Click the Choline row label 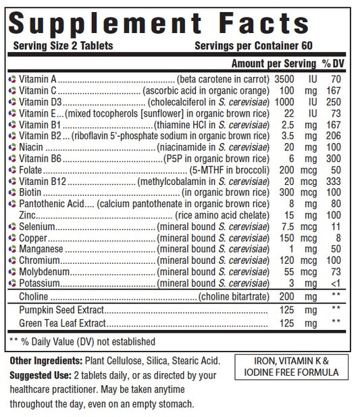tap(33, 297)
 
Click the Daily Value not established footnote tap(82, 341)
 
